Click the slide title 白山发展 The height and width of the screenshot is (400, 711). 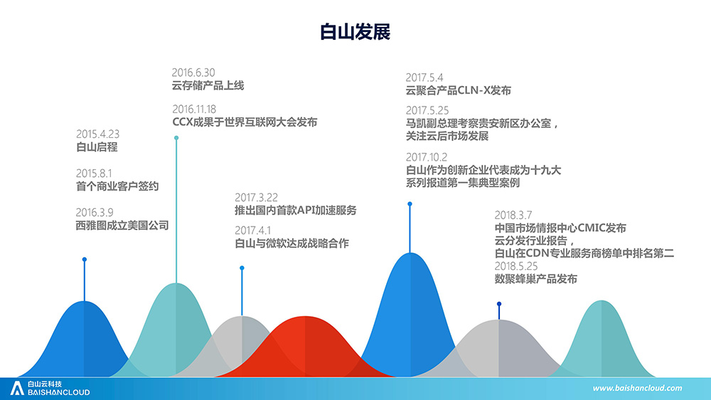[x=355, y=32]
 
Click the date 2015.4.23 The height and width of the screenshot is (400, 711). [x=97, y=134]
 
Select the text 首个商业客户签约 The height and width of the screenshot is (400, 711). [x=117, y=186]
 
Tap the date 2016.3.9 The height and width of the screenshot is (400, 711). [x=95, y=212]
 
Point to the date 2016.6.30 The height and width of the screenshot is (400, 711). [x=193, y=72]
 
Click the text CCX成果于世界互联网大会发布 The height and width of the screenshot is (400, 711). [x=245, y=122]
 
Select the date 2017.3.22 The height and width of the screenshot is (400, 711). [x=256, y=198]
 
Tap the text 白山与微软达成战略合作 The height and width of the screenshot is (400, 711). [x=292, y=243]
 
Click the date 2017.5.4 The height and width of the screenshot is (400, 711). [x=424, y=77]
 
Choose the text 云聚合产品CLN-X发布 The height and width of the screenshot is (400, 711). [x=458, y=91]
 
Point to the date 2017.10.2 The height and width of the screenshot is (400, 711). [x=426, y=157]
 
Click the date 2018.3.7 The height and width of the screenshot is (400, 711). [x=513, y=215]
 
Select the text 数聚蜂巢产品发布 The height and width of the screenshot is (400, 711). [x=535, y=279]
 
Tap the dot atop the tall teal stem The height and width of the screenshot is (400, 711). [x=176, y=138]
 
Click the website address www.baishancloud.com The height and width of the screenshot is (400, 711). [x=637, y=388]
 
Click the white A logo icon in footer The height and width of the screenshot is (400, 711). [x=17, y=388]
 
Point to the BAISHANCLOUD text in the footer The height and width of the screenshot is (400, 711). [x=58, y=392]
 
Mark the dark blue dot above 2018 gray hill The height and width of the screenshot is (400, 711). [x=499, y=304]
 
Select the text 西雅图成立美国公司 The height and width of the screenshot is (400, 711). [x=122, y=226]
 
